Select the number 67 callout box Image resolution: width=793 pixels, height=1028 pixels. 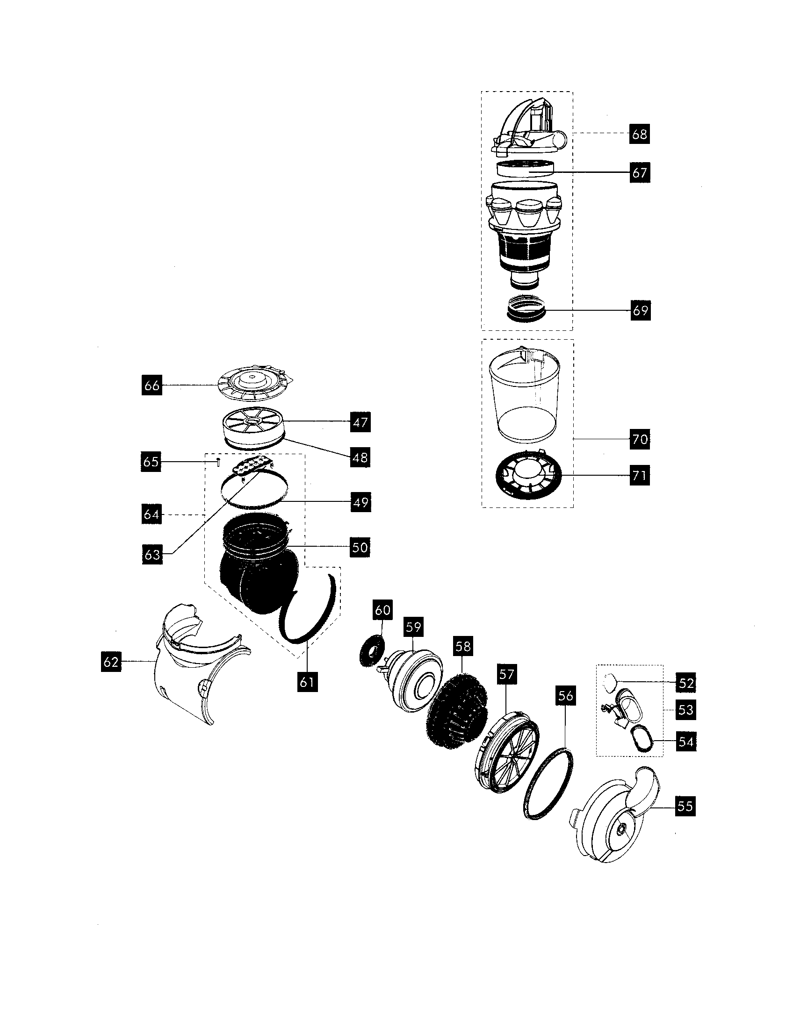pyautogui.click(x=640, y=173)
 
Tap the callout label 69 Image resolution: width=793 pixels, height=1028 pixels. pyautogui.click(x=640, y=310)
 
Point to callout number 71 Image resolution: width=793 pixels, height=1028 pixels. pyautogui.click(x=640, y=475)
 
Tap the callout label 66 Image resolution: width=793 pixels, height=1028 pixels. pyautogui.click(x=151, y=385)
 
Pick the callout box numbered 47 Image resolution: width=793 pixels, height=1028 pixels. pyautogui.click(x=360, y=422)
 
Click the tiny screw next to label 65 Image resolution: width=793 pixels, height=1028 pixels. pyautogui.click(x=218, y=461)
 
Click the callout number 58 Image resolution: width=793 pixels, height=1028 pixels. pyautogui.click(x=463, y=647)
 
